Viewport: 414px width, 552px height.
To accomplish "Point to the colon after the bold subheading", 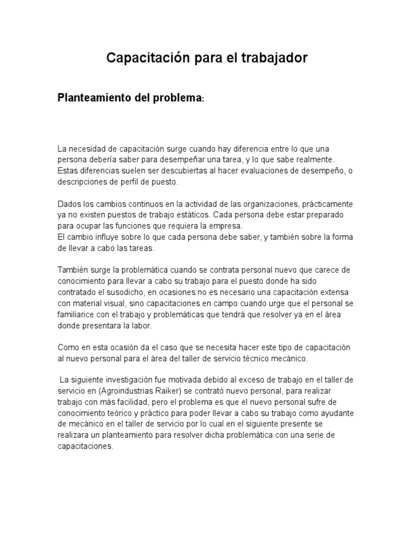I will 203,100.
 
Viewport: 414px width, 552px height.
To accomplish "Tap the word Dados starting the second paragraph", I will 69,204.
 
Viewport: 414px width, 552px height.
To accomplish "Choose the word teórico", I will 132,413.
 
